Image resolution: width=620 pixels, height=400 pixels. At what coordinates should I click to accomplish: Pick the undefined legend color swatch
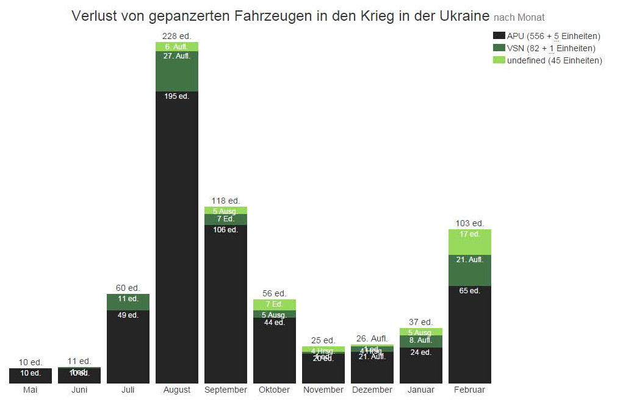(x=499, y=60)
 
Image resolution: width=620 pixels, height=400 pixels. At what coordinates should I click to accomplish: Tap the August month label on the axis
(x=177, y=390)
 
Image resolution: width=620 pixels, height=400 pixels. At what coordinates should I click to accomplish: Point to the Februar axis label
(x=470, y=390)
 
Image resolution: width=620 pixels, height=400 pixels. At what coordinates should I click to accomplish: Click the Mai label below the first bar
(x=31, y=390)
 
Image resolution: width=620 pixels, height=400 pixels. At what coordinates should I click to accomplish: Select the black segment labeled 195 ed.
(x=177, y=238)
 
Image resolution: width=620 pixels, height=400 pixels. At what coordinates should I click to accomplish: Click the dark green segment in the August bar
(x=177, y=71)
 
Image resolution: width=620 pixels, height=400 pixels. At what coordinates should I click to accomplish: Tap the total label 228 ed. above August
(x=177, y=37)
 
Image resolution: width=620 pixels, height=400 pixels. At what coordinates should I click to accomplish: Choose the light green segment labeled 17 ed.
(x=470, y=242)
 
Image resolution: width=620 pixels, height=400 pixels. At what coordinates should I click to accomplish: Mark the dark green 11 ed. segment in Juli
(x=128, y=302)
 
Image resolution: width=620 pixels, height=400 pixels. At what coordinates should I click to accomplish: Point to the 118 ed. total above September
(x=226, y=200)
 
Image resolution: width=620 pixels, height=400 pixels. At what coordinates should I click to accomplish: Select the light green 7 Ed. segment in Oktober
(x=275, y=304)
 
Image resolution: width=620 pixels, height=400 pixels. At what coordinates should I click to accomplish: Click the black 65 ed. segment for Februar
(x=470, y=334)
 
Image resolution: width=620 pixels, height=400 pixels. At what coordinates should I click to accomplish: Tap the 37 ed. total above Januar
(x=421, y=322)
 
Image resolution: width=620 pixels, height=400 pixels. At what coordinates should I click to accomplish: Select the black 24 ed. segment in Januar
(x=421, y=365)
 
